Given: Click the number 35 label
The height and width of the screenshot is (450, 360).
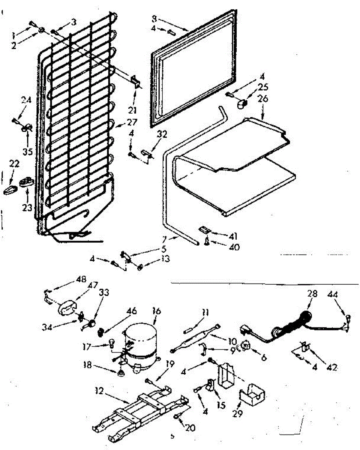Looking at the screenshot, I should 27,152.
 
